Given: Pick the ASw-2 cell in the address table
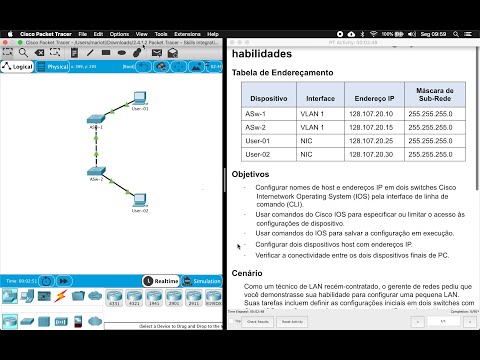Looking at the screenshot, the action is [x=263, y=128].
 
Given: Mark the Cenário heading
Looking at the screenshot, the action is [x=247, y=272].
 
